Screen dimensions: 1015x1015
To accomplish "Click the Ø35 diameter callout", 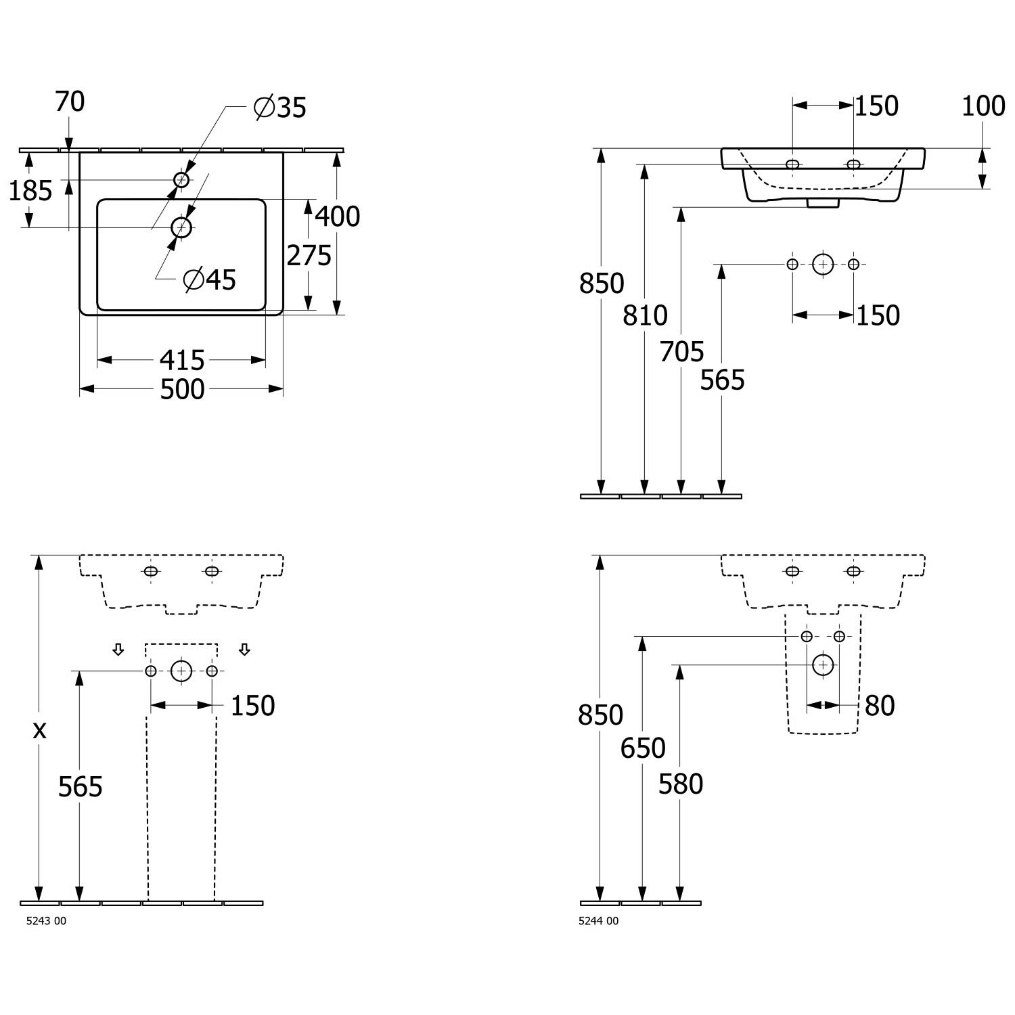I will (x=280, y=107).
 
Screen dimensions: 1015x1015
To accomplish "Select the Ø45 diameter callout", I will (x=210, y=279).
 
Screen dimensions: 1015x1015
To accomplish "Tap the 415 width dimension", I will (x=182, y=360).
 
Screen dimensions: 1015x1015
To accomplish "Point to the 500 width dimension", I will (x=182, y=389).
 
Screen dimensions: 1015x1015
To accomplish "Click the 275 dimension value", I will (x=309, y=256).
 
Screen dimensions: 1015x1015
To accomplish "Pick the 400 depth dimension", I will (x=338, y=217).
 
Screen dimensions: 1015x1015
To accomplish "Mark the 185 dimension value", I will (x=30, y=191).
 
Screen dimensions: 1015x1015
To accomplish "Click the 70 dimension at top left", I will (x=70, y=102).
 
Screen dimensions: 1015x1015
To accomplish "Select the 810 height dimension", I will (x=645, y=315).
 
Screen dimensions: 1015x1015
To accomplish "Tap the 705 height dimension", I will (x=681, y=352).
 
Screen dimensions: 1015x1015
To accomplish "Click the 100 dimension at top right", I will (x=983, y=106).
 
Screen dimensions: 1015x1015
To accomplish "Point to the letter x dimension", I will (x=40, y=729).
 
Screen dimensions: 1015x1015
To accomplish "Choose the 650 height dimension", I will (x=643, y=748).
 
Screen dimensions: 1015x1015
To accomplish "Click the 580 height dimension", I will (x=681, y=784).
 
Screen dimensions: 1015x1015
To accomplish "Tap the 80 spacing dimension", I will (x=880, y=706).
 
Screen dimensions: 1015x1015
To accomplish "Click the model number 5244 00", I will (x=599, y=920).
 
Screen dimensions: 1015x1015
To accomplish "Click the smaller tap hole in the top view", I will (x=181, y=179).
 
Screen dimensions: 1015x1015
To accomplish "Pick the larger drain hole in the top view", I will (x=181, y=227).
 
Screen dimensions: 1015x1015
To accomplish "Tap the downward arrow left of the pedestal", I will (x=118, y=650).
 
